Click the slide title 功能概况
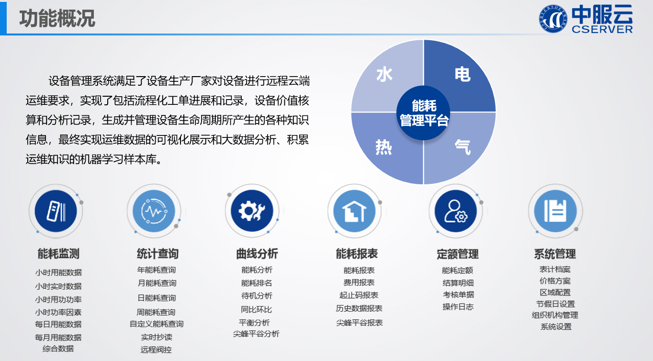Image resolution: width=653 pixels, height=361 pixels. pos(57,18)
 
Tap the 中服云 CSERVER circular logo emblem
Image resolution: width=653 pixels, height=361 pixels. pos(553,19)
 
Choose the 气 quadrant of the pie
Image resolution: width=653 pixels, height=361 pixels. pos(462,147)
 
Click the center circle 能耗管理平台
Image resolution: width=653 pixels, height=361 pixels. pos(424,113)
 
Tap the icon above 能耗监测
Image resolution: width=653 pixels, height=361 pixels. pos(56,211)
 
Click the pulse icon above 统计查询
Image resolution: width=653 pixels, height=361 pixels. pos(154,211)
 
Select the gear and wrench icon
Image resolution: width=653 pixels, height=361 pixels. pos(252,211)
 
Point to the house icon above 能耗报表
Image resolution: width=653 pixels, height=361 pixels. pos(354,211)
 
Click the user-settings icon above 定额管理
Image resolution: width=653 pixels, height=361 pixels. pos(456,211)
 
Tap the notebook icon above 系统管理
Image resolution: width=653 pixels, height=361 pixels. pos(555,211)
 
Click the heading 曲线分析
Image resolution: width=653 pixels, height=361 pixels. pos(257,254)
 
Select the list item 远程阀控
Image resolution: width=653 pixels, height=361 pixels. pos(156,350)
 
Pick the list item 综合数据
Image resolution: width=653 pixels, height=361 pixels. pos(58,349)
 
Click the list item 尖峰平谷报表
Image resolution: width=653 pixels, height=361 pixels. pos(359,323)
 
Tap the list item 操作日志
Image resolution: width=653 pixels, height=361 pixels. pos(458,307)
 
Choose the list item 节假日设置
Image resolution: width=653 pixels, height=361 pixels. pos(555,304)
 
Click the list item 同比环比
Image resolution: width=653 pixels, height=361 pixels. pos(256,309)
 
